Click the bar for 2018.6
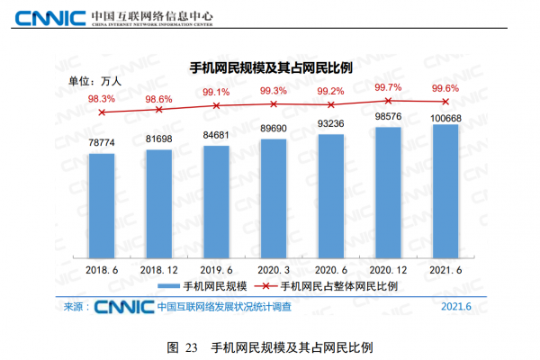click(102, 206)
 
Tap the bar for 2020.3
click(274, 199)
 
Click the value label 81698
click(159, 139)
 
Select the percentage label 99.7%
click(388, 87)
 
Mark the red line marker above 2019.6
click(216, 105)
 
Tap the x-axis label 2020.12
click(388, 269)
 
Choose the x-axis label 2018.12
click(159, 269)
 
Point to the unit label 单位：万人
click(94, 80)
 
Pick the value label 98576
click(388, 118)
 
